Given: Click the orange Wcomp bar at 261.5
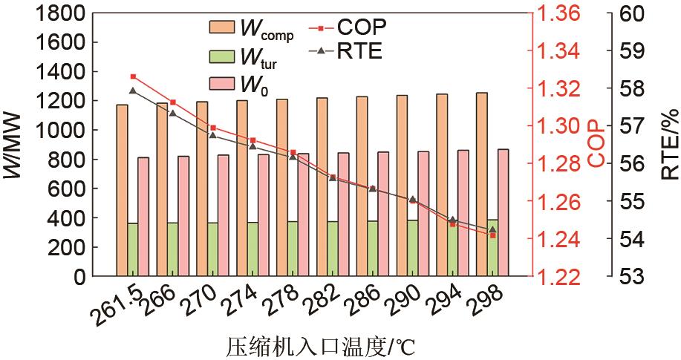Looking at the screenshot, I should tap(122, 189).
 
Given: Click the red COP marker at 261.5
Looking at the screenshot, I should tap(133, 76).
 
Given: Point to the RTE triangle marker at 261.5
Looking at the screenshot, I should tap(133, 91).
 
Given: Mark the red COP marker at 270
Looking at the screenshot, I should tap(213, 128).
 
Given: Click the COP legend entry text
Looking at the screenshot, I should tap(362, 27).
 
